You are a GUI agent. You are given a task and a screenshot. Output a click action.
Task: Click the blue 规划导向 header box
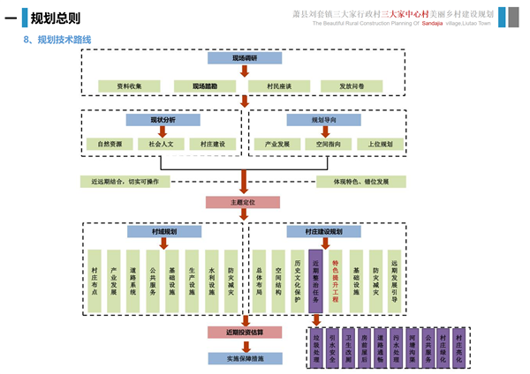pyautogui.click(x=324, y=119)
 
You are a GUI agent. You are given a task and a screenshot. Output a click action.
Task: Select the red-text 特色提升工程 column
pyautogui.click(x=336, y=280)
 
